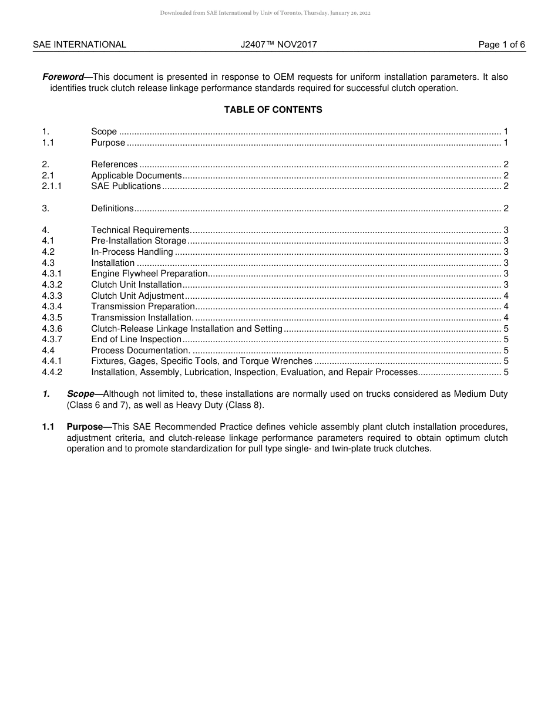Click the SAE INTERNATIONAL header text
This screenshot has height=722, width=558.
click(x=79, y=45)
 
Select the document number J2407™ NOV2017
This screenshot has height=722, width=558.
click(x=278, y=45)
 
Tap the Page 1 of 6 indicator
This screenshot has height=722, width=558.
click(x=502, y=45)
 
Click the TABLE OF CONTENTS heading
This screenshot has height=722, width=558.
click(x=273, y=110)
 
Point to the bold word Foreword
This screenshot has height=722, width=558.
click(x=63, y=77)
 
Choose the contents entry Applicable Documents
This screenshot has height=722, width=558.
click(x=136, y=176)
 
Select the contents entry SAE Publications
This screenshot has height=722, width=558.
click(x=126, y=186)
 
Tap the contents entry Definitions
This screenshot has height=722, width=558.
click(x=112, y=208)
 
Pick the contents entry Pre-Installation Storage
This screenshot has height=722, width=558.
click(x=139, y=241)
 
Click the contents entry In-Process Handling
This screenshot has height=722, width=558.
click(x=132, y=252)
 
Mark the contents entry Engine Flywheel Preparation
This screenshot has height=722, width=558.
click(x=149, y=274)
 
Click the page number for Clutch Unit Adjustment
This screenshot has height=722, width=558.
click(x=506, y=296)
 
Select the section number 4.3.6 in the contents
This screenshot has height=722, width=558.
click(x=52, y=329)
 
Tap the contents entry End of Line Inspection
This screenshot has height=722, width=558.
click(x=136, y=339)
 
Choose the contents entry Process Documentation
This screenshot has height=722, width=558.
click(x=140, y=350)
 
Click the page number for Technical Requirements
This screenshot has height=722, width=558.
click(x=506, y=230)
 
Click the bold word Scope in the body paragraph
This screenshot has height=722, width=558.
click(x=80, y=394)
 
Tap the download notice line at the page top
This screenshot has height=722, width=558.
click(x=265, y=13)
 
